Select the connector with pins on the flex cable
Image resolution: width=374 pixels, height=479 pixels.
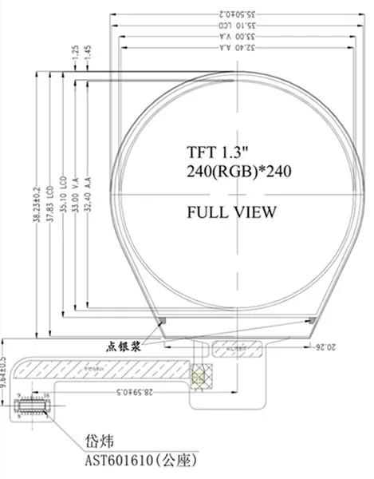pos(33,404)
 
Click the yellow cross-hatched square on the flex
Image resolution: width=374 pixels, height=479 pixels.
pos(200,376)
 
